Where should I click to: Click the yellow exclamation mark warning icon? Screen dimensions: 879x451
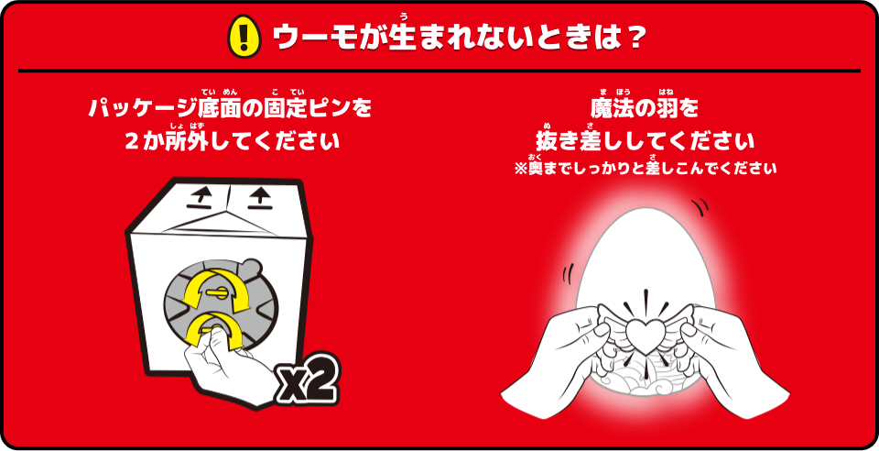pos(244,36)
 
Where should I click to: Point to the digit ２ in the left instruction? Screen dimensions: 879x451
pos(131,141)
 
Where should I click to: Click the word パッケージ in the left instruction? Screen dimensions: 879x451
pos(143,108)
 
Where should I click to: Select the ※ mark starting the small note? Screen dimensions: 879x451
pos(520,169)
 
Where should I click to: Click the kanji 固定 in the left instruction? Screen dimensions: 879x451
pos(286,108)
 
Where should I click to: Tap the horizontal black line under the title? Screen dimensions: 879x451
pos(439,71)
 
